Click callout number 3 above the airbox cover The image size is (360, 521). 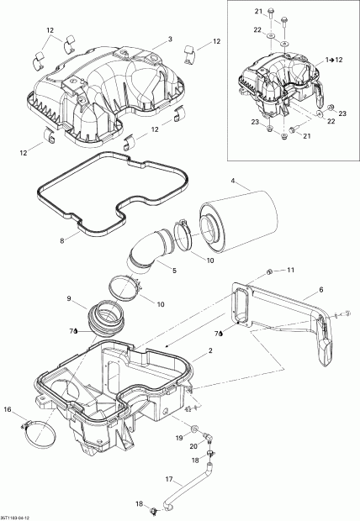[169, 39]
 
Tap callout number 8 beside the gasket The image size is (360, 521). [62, 240]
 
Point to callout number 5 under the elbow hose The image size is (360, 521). [173, 271]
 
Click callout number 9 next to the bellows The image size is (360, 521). [69, 298]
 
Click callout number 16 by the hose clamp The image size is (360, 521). [8, 409]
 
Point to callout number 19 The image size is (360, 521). [179, 439]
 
